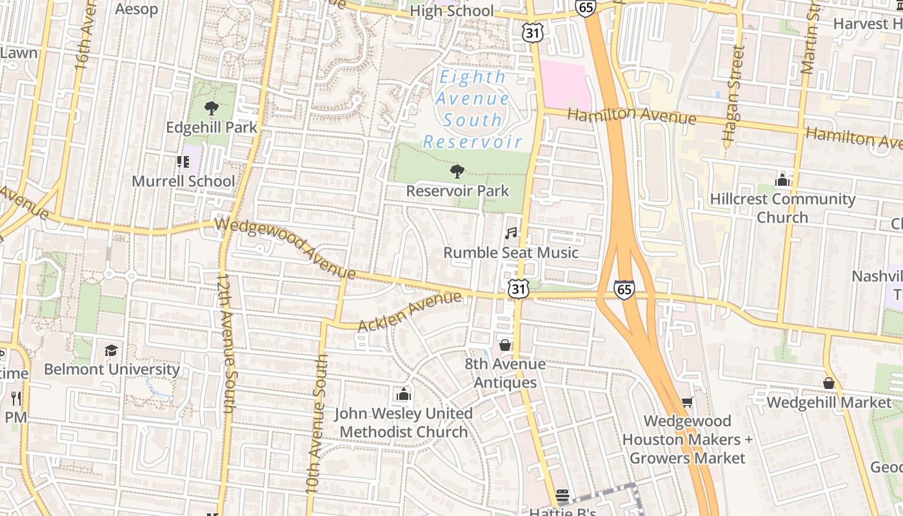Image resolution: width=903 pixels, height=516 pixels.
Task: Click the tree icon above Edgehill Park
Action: [211, 108]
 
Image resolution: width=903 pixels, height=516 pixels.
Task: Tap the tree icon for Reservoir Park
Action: [457, 172]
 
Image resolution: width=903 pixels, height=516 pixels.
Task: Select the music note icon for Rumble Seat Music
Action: [511, 233]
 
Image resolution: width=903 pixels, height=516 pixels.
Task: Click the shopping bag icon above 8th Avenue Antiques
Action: [505, 345]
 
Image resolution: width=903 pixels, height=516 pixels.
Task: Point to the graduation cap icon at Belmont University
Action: [112, 350]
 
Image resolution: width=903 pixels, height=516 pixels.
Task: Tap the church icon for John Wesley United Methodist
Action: [404, 393]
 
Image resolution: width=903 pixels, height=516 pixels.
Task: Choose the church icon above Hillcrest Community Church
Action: [782, 179]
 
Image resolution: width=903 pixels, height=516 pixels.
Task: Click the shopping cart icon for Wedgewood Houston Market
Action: [688, 402]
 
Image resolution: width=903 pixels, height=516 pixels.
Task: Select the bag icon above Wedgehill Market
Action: [829, 383]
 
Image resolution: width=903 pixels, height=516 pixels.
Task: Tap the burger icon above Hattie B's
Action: [562, 495]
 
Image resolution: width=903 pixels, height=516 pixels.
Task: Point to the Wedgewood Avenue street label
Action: [285, 248]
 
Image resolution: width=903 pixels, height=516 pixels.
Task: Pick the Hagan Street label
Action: [733, 94]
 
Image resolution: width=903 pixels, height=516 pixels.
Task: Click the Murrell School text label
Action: [183, 181]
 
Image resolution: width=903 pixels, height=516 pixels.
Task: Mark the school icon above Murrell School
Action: [183, 162]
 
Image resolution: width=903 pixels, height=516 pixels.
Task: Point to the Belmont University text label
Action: [112, 370]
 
